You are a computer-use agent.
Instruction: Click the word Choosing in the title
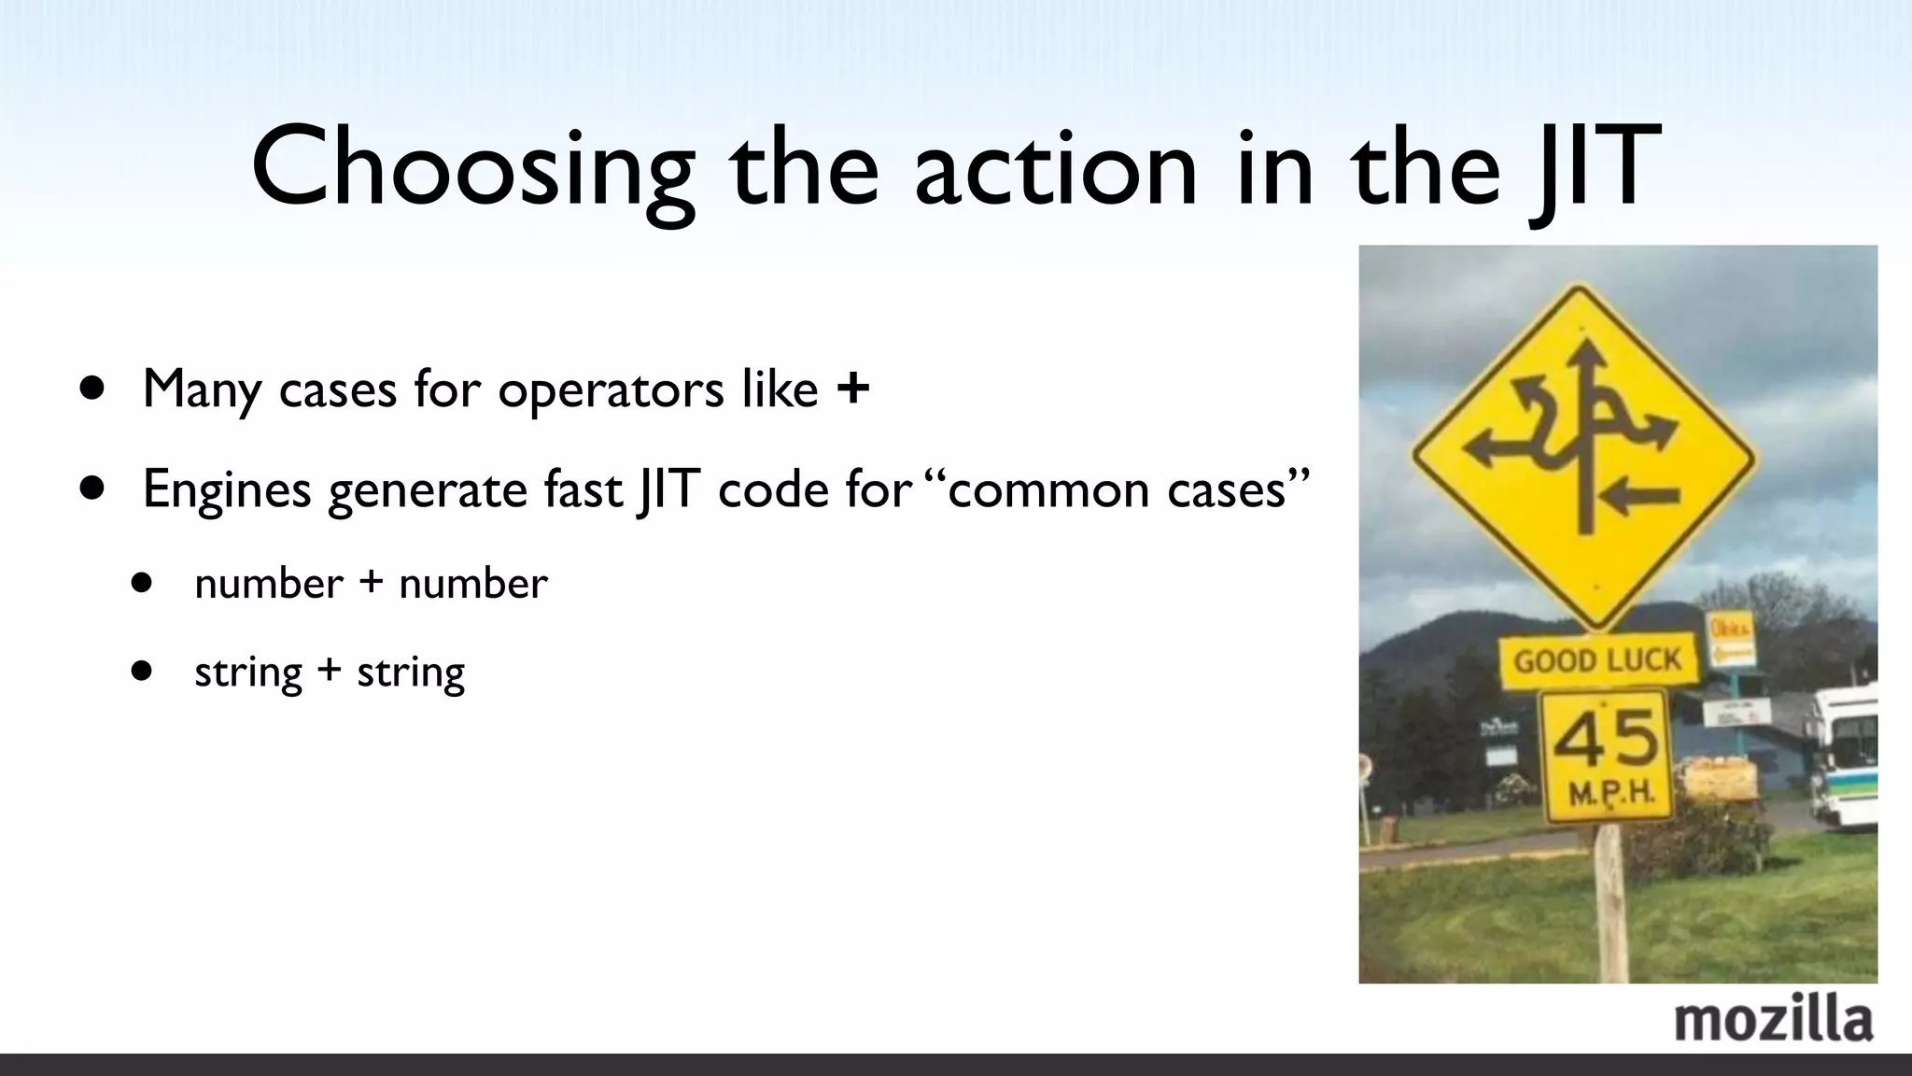tap(472, 168)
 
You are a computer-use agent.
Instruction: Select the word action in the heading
tap(1055, 168)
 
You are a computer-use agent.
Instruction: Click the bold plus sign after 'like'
tap(852, 389)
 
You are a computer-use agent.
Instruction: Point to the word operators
tap(611, 389)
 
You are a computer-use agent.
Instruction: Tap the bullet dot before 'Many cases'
tap(92, 387)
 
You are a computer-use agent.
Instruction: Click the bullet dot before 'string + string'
tap(141, 670)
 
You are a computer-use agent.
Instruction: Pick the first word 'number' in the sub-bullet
tap(269, 584)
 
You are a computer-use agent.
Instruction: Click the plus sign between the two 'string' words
tap(329, 671)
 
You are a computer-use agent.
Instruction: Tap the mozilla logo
tap(1773, 1019)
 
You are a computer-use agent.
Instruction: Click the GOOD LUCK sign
tap(1597, 661)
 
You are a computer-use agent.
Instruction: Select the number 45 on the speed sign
tap(1606, 738)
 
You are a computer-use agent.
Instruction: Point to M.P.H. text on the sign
tap(1611, 794)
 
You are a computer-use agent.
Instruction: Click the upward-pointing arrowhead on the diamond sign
tap(1584, 355)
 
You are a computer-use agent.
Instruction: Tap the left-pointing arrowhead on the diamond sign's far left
tap(1478, 449)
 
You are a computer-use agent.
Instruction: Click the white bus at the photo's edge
tap(1844, 757)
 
